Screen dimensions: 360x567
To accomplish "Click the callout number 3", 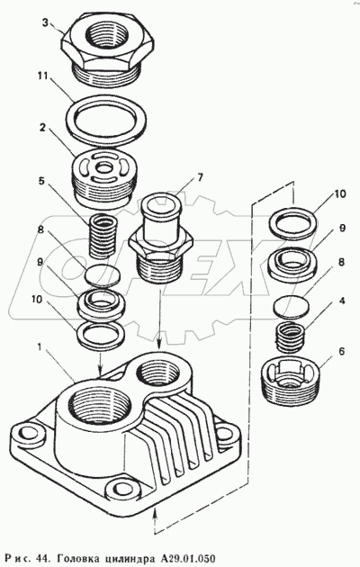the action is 45,22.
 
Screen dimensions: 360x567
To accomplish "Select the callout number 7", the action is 200,177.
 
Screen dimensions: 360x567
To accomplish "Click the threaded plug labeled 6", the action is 291,381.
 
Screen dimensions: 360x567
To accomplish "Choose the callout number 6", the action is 341,352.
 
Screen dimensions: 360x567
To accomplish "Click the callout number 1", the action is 40,347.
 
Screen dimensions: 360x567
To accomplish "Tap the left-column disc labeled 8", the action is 103,275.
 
